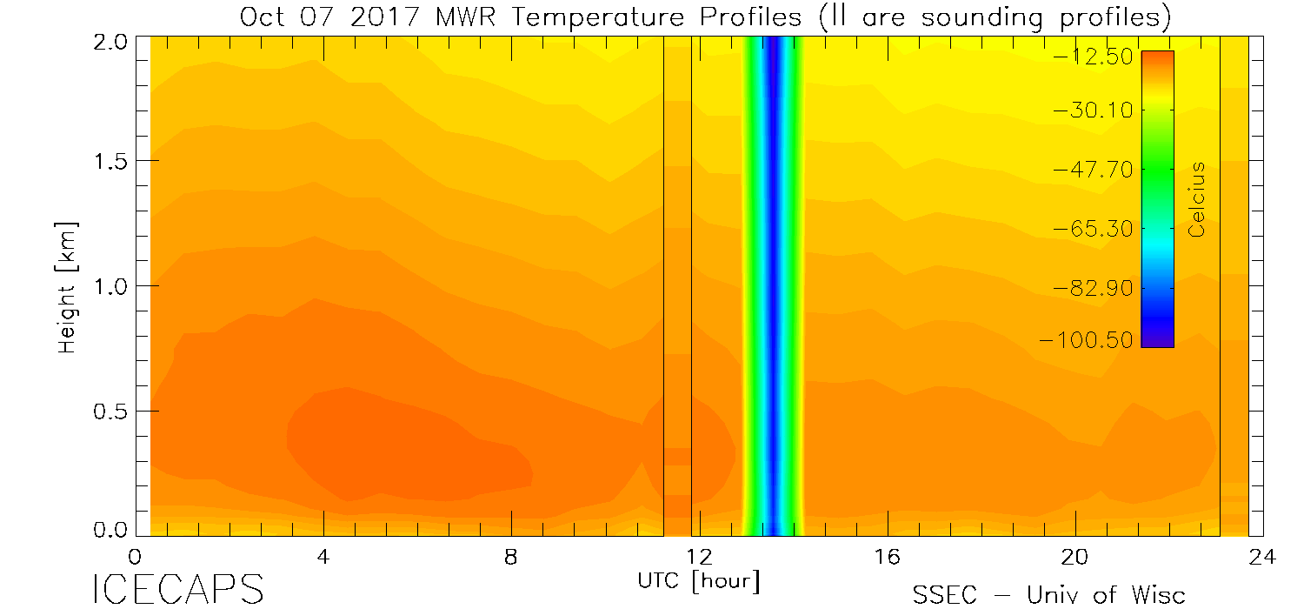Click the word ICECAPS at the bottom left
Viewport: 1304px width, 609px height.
pyautogui.click(x=177, y=589)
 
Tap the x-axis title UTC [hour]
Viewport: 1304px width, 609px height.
pyautogui.click(x=698, y=579)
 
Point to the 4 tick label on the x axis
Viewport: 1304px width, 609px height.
pyautogui.click(x=323, y=557)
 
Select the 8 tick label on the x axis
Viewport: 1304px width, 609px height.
pyautogui.click(x=511, y=557)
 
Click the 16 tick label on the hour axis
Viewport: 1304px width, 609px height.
pyautogui.click(x=887, y=557)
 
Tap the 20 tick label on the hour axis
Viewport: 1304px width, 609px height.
pyautogui.click(x=1075, y=557)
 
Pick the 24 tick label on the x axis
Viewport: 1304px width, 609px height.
pyautogui.click(x=1262, y=557)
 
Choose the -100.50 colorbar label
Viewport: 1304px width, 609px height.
pyautogui.click(x=1087, y=340)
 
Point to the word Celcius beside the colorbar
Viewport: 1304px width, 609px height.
pyautogui.click(x=1197, y=200)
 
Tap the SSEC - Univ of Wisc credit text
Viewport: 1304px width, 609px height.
pyautogui.click(x=1049, y=594)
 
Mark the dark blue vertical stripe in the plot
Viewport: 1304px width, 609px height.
pyautogui.click(x=771, y=287)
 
